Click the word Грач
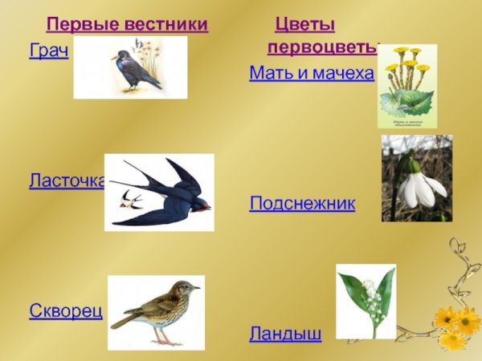click(48, 52)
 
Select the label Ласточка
click(67, 181)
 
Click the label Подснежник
click(302, 204)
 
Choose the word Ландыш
click(285, 333)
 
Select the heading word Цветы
click(304, 25)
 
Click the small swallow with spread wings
click(130, 198)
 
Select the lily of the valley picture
click(366, 301)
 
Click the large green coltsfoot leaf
click(406, 103)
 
